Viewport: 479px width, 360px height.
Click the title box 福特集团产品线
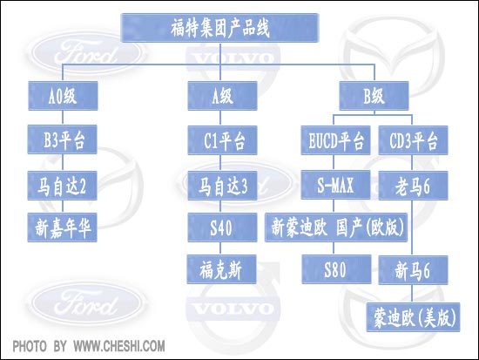220,28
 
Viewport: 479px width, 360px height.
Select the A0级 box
63,96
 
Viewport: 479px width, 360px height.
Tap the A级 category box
222,96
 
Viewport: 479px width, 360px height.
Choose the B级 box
374,96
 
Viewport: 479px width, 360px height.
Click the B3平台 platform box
63,139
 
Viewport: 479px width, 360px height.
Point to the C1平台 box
222,140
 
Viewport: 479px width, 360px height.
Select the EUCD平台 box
335,140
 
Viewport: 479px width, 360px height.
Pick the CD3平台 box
414,140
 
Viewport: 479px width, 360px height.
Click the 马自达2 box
63,186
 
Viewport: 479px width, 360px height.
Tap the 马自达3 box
222,186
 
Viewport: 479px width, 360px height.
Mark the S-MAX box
335,185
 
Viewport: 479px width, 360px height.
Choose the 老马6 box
414,186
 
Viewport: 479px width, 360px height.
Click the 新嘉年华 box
63,228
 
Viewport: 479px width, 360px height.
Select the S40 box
222,228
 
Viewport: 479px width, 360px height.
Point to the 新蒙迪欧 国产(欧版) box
336,228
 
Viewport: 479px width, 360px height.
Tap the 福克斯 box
222,269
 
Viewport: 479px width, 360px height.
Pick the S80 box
337,269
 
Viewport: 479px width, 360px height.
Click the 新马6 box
414,270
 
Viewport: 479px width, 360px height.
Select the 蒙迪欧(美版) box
414,317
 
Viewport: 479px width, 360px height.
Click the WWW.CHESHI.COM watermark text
119,346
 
